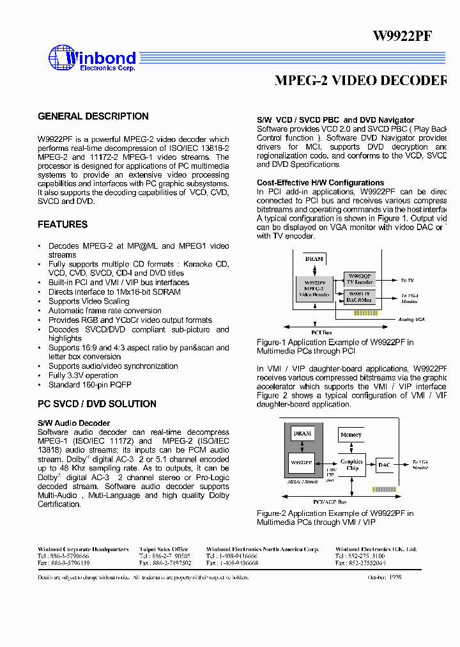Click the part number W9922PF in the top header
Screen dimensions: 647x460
point(402,36)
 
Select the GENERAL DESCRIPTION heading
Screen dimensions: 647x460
point(93,116)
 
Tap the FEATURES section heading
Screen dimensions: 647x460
point(63,224)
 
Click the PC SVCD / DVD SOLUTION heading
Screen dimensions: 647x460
point(97,404)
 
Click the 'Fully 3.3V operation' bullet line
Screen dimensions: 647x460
point(83,375)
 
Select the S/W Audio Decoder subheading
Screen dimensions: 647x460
point(73,423)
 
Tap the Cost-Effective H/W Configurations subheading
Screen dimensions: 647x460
point(321,183)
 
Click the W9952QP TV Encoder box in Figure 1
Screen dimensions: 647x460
point(359,279)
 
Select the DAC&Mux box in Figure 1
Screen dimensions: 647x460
point(359,297)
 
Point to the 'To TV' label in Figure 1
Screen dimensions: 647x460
point(408,280)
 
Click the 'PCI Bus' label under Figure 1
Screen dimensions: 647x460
point(321,332)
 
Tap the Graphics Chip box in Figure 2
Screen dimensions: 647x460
point(351,465)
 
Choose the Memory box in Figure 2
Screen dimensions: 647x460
point(351,435)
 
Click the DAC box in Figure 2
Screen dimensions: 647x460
point(383,465)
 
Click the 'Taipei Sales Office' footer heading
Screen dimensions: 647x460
point(164,549)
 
